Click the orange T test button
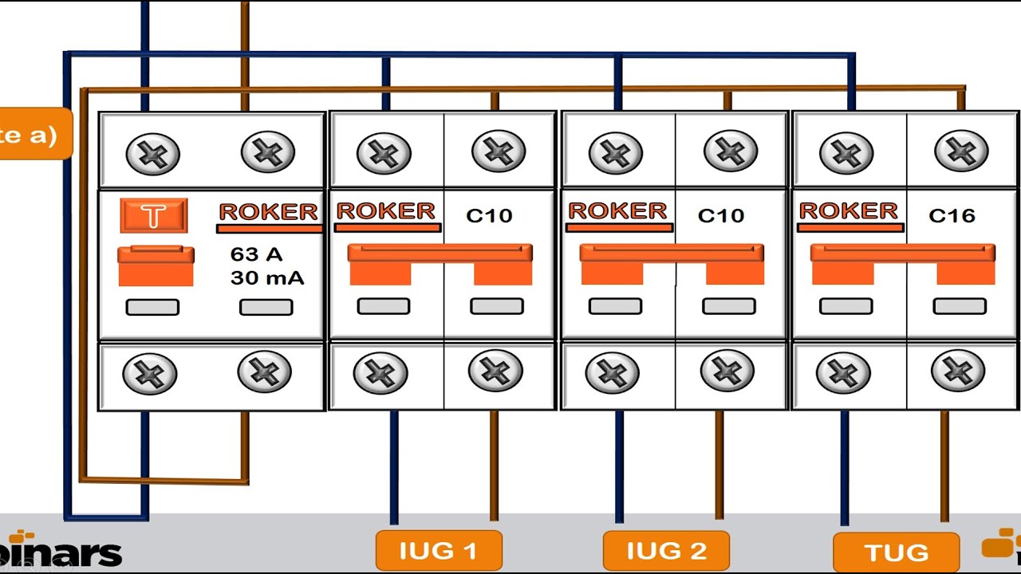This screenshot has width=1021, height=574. click(x=154, y=215)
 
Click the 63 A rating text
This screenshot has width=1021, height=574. click(x=256, y=254)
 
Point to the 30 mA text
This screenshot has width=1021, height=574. click(x=266, y=278)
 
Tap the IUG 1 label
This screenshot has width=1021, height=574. click(x=439, y=551)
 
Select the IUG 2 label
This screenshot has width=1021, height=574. click(x=666, y=551)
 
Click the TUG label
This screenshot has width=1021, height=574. click(x=896, y=552)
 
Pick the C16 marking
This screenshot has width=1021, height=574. click(x=952, y=215)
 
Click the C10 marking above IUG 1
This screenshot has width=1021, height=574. click(x=488, y=215)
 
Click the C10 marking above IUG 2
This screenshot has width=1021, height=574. click(x=720, y=215)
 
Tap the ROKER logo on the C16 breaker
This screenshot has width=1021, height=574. click(x=848, y=211)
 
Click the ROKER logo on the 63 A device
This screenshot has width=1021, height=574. click(x=268, y=212)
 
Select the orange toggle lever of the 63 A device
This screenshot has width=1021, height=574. click(x=156, y=265)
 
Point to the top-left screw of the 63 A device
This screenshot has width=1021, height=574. click(x=152, y=152)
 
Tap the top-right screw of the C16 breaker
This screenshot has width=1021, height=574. click(x=960, y=151)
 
